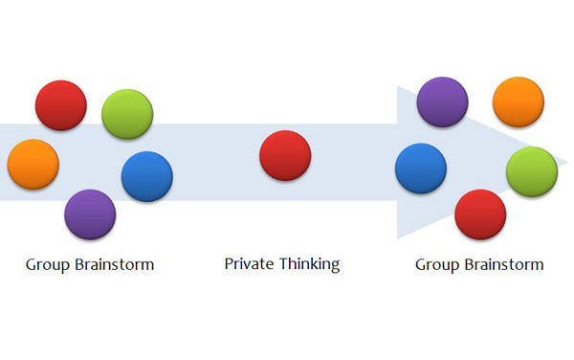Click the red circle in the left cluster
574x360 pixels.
click(x=61, y=105)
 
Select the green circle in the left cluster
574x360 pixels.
click(x=127, y=114)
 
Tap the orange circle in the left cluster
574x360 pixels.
click(x=33, y=164)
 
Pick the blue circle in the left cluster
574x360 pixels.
click(x=147, y=176)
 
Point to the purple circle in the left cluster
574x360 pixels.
click(x=90, y=214)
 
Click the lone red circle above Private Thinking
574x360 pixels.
click(x=285, y=156)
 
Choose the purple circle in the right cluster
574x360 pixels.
click(x=443, y=102)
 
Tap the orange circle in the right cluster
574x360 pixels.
click(x=519, y=102)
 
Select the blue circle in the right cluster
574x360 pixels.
click(x=421, y=169)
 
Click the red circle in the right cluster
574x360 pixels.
click(x=480, y=214)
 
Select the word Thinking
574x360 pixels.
click(x=308, y=264)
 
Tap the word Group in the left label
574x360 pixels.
click(x=47, y=264)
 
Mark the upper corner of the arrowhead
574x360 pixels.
click(x=398, y=87)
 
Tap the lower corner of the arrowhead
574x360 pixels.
click(x=398, y=236)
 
